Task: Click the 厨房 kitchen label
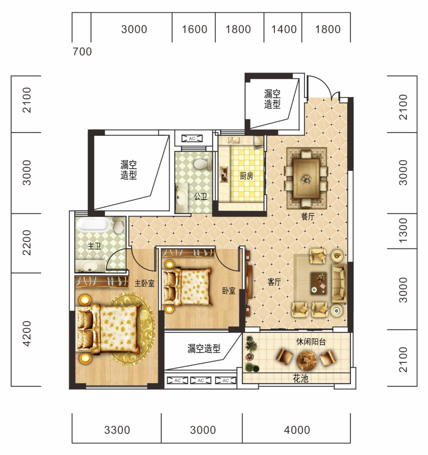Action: pos(246,176)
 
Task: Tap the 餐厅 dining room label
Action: pos(308,217)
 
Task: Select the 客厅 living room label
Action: pos(274,282)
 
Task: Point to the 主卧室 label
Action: pos(145,283)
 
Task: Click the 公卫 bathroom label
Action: pos(201,197)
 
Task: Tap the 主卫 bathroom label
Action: pos(94,246)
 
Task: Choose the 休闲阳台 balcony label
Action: pos(311,341)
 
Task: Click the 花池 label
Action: pos(301,379)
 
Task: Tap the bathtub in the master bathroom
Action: pos(93,225)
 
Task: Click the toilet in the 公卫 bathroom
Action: pos(203,164)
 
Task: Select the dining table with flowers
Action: pos(306,179)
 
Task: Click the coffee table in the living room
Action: pos(319,283)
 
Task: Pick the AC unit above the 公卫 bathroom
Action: pos(192,139)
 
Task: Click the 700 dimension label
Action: pos(82,52)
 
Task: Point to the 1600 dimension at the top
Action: pos(195,29)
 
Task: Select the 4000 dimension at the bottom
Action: pos(297,430)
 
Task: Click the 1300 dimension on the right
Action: pos(403,231)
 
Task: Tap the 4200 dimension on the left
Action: pos(27,333)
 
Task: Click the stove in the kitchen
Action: pos(224,174)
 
